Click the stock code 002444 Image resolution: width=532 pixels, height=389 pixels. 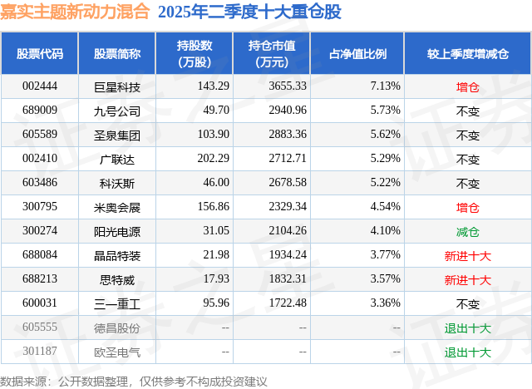point(40,86)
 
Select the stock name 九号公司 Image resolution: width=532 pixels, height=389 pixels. point(117,111)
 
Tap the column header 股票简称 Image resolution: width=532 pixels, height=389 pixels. point(117,53)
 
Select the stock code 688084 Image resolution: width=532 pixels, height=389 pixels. point(40,255)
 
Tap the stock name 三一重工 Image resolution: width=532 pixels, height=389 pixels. point(117,304)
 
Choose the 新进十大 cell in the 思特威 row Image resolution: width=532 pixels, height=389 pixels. point(468,280)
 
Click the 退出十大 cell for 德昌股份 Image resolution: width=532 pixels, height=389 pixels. point(468,328)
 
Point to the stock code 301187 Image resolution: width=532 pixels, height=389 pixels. point(40,352)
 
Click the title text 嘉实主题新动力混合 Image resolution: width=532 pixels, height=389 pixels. point(76,12)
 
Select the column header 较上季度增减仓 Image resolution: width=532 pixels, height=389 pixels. point(468,53)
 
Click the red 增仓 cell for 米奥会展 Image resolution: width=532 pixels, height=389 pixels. point(468,207)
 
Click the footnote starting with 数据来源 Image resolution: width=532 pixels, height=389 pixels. point(134,380)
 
